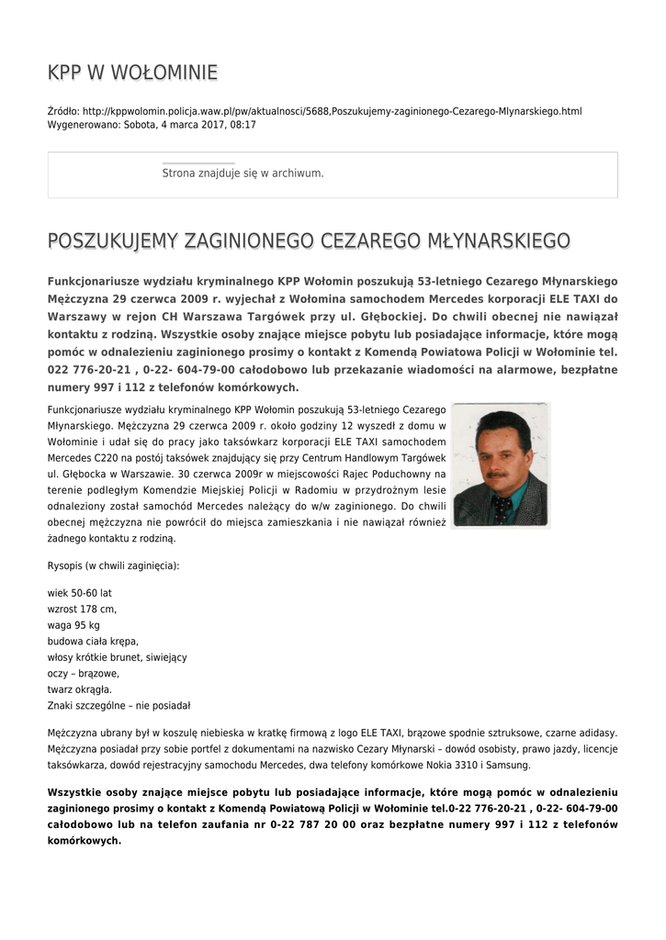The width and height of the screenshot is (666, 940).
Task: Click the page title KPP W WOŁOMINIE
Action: (132, 73)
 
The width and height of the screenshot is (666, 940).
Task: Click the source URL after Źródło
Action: (332, 111)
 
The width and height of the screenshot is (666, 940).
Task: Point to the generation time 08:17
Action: (243, 124)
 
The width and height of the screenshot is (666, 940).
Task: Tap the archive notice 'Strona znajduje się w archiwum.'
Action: (243, 173)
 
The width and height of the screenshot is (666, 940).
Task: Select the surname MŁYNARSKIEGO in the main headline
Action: (499, 241)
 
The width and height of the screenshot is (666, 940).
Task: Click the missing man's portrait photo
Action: (501, 464)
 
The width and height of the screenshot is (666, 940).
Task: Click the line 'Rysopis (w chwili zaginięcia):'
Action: (113, 565)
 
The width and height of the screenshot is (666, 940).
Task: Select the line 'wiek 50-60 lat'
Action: (79, 593)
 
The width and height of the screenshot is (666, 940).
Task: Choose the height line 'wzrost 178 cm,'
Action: (82, 609)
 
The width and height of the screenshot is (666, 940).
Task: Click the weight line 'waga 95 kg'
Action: (73, 625)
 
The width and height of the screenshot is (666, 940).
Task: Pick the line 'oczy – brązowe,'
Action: (83, 673)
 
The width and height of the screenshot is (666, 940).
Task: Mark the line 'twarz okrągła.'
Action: (80, 688)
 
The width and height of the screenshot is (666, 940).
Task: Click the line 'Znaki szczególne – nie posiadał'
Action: (119, 705)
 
